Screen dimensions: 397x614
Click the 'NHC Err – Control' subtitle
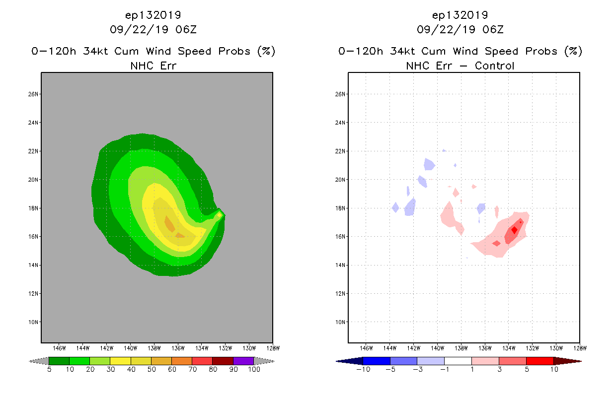[460, 66]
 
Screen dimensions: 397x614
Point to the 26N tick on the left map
[34, 94]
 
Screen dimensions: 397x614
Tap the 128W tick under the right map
[579, 347]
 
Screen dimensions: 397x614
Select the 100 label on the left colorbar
[254, 369]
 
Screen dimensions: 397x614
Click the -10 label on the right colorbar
[363, 369]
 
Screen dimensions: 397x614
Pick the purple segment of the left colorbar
[243, 361]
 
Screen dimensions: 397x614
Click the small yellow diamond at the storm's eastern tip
[219, 215]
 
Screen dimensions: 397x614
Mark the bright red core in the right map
[514, 230]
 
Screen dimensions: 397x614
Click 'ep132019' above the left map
[153, 15]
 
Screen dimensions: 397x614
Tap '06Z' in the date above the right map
[493, 29]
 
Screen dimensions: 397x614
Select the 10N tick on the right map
[341, 322]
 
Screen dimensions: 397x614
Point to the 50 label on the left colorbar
[152, 369]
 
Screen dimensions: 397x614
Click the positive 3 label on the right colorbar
[498, 369]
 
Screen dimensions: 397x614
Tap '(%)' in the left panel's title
[266, 51]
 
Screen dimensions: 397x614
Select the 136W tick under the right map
[485, 347]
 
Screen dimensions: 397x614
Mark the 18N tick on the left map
[34, 208]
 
